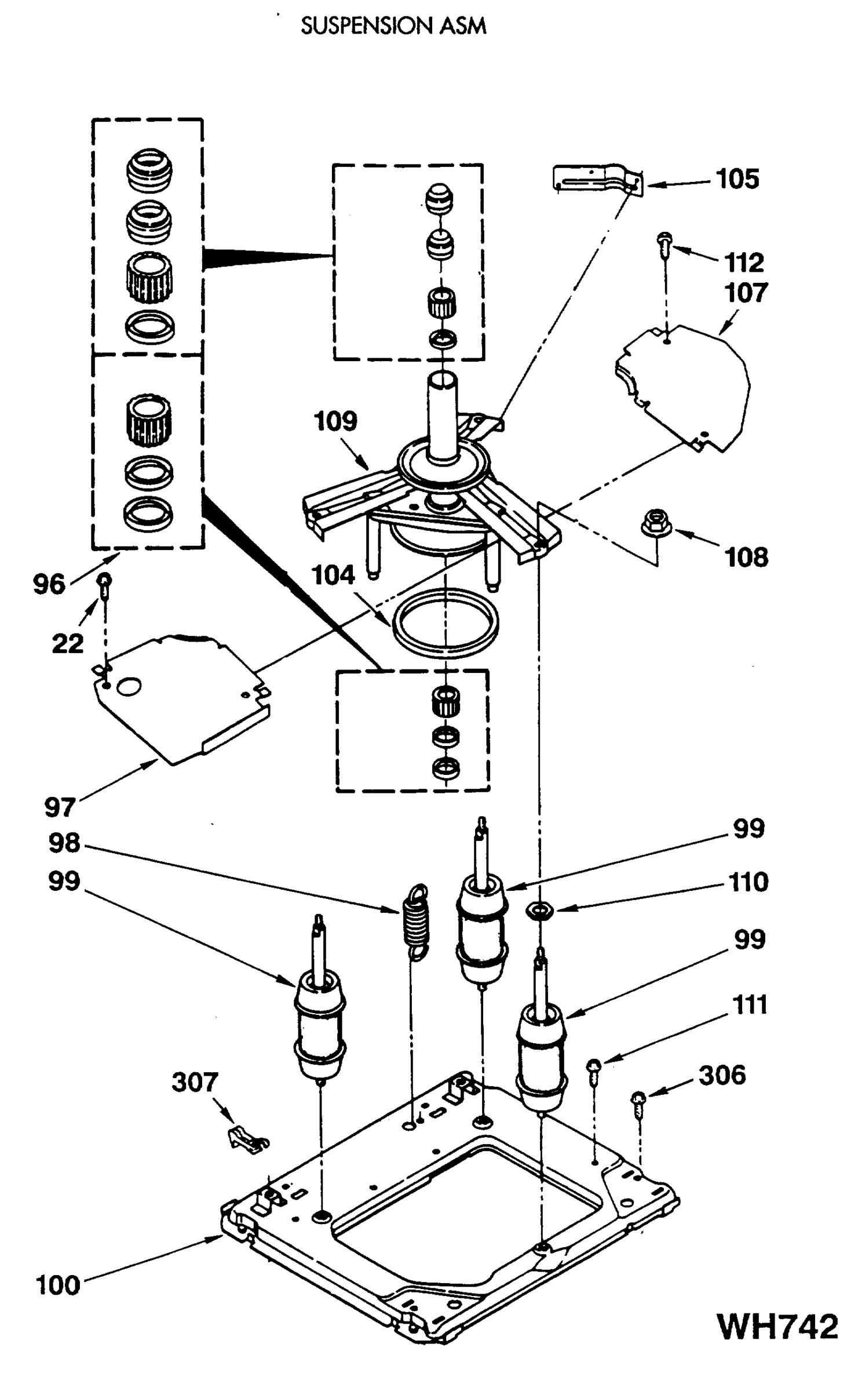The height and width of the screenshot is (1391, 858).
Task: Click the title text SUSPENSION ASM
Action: point(393,26)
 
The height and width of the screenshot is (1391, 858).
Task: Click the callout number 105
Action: point(737,179)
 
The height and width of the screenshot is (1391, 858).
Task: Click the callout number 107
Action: point(746,293)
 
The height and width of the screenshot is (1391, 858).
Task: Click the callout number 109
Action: point(335,421)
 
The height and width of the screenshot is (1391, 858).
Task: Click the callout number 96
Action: point(49,584)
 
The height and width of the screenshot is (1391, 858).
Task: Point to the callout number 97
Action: point(60,807)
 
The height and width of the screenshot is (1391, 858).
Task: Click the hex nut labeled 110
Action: point(539,911)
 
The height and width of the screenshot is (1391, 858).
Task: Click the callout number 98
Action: point(64,843)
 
